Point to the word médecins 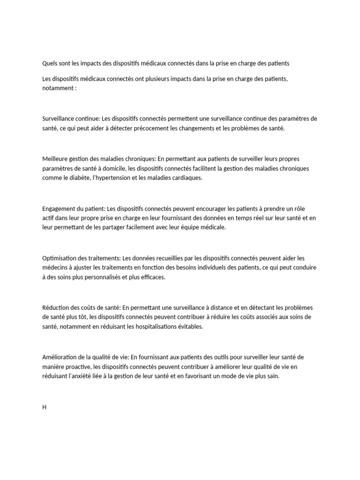[54, 268]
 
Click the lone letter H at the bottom [45, 407]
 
